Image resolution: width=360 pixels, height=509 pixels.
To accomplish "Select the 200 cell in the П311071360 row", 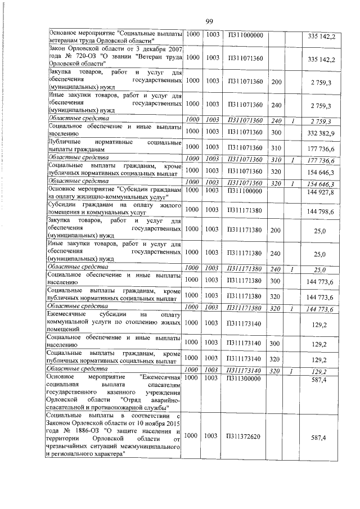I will (x=276, y=82).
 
